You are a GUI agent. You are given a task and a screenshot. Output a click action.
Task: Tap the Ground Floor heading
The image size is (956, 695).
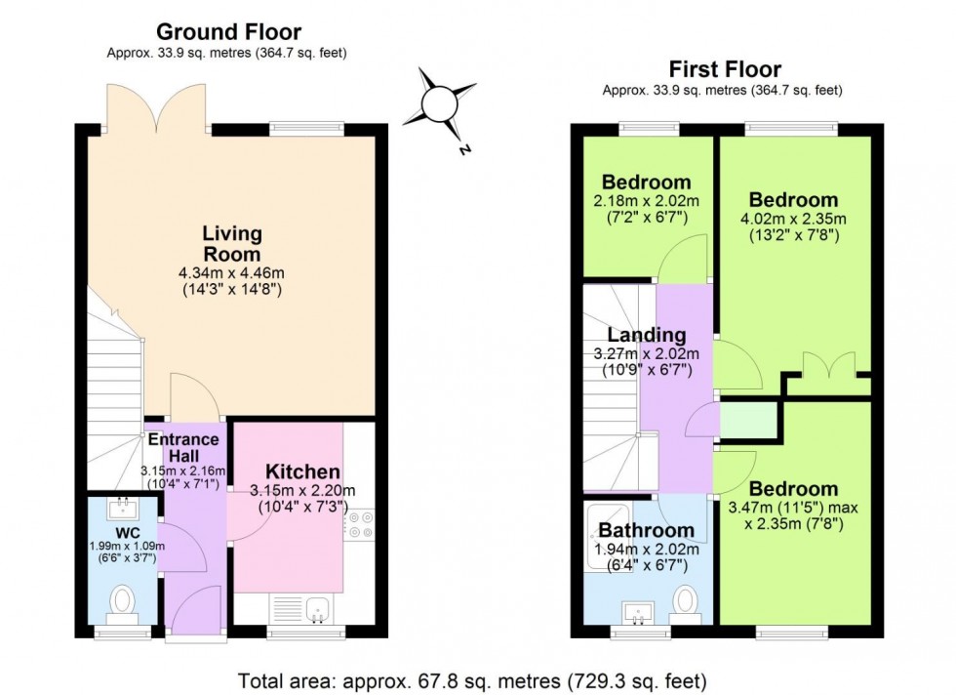[x=229, y=32]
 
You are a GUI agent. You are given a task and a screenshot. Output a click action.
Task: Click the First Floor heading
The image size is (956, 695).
[x=724, y=68]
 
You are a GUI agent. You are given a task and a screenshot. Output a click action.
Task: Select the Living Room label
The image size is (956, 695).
[x=232, y=243]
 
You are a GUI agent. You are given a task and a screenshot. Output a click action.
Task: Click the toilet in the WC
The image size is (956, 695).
[x=123, y=601]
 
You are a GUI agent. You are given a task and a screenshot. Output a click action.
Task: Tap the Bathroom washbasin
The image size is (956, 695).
[x=641, y=613]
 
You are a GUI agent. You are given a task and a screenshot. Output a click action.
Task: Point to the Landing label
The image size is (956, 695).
[x=647, y=336]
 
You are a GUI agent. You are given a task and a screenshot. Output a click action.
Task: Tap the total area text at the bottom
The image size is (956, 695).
[x=477, y=678]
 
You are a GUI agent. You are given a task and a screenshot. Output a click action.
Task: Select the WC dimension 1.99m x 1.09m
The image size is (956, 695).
[x=123, y=547]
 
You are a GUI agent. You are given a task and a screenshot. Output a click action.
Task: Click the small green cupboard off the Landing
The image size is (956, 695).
[x=748, y=422]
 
